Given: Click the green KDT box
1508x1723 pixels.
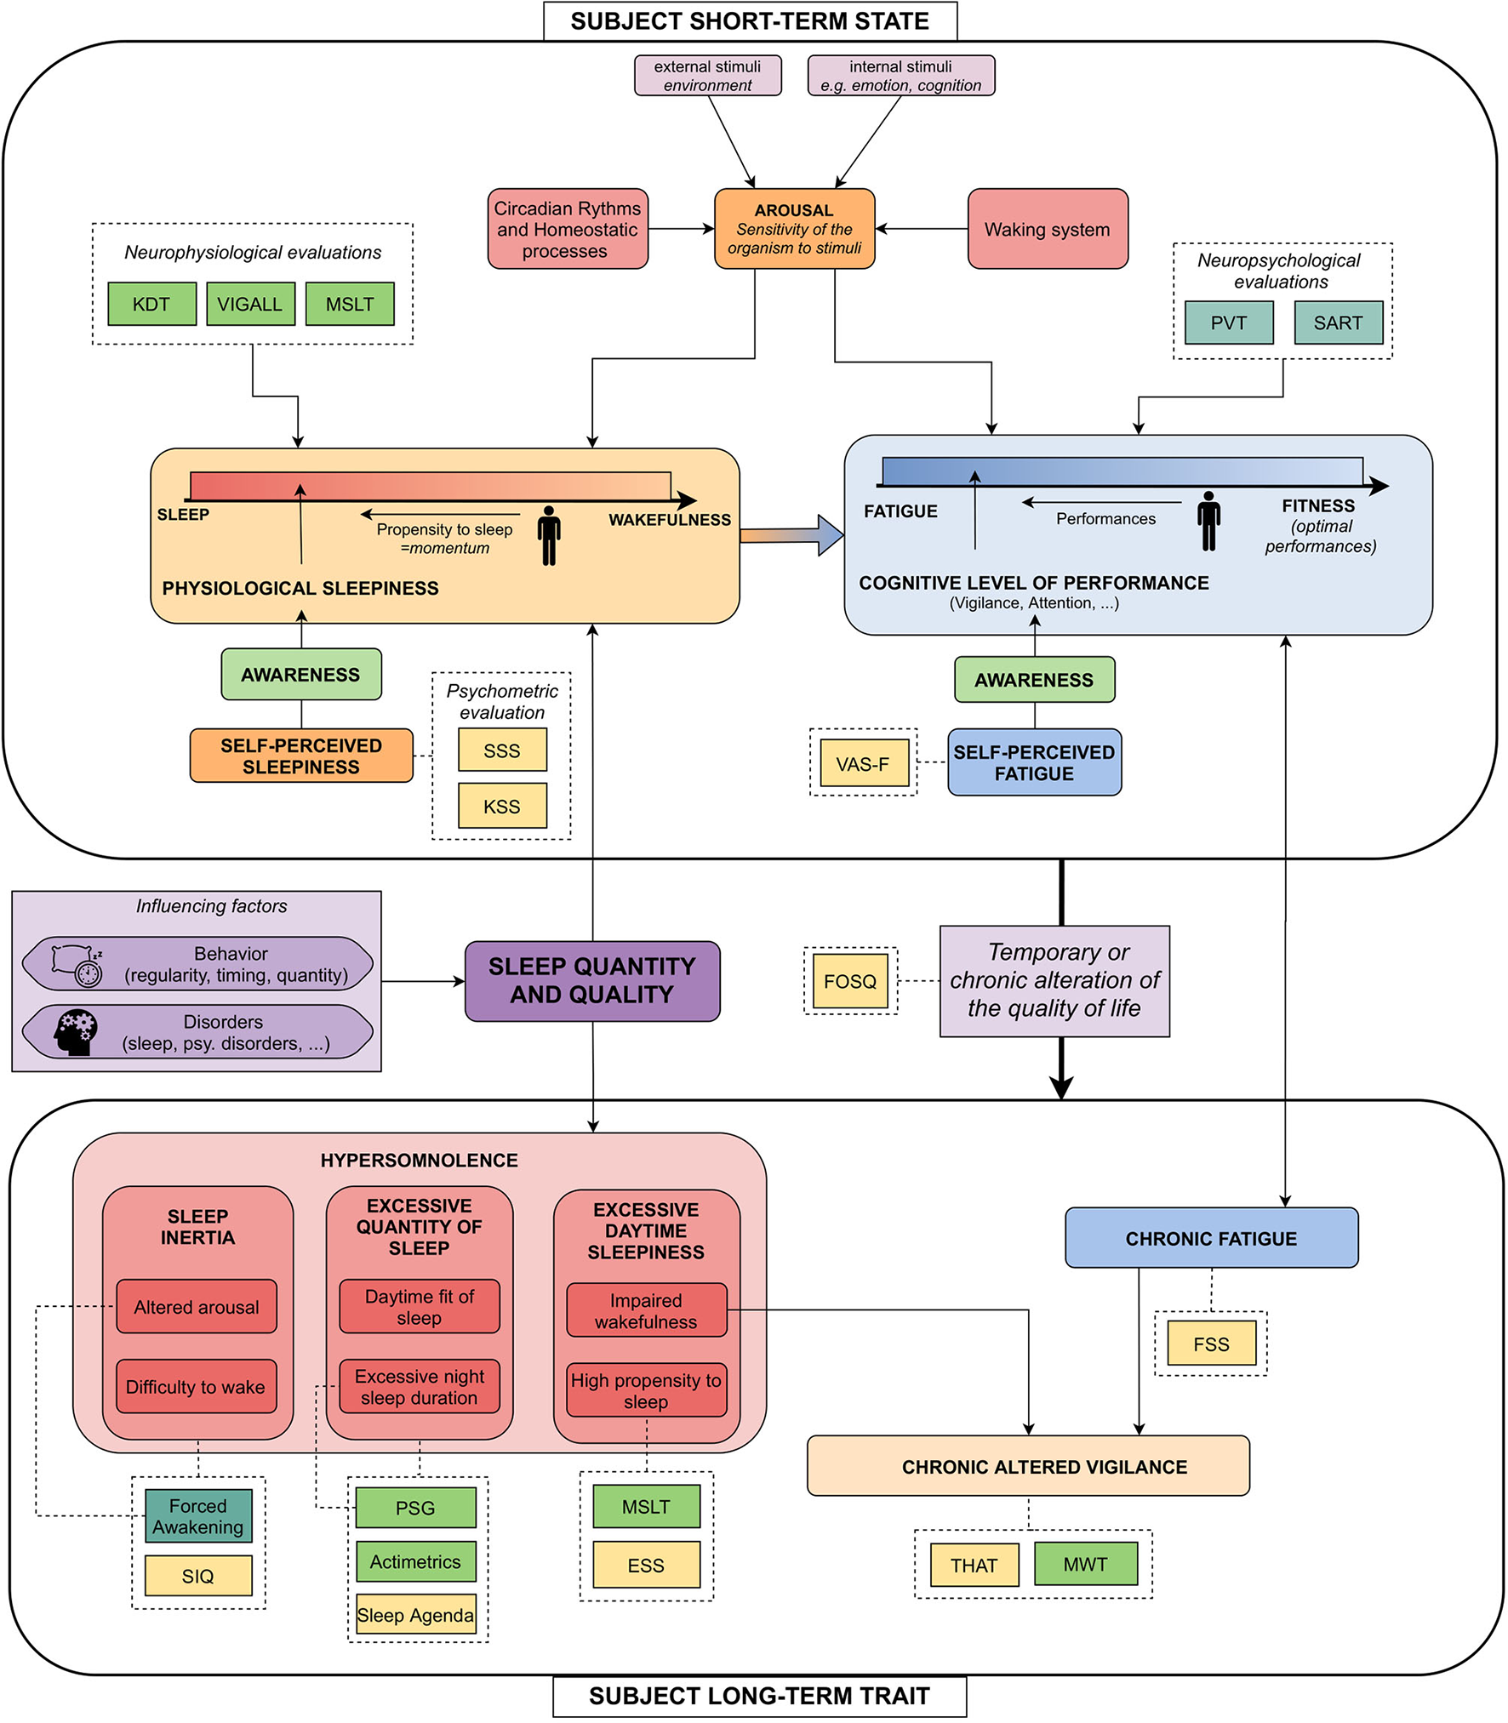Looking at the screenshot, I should [151, 304].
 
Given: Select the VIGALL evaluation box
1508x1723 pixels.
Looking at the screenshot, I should [250, 304].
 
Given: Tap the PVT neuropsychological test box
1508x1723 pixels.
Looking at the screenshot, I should [1228, 322].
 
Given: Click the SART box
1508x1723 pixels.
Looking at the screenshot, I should [1338, 322].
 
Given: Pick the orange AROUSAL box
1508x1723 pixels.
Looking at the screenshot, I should [794, 229].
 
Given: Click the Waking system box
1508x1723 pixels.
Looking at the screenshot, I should [1047, 229].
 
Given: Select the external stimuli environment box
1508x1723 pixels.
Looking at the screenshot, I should [707, 76].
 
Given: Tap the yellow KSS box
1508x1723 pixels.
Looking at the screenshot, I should [502, 806].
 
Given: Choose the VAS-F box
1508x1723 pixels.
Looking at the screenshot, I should [863, 763].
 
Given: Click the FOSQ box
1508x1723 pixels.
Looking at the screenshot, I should [850, 981].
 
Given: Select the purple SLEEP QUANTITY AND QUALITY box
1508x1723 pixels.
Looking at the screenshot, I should [592, 980].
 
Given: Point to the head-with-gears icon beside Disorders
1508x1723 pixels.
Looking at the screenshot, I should [76, 1032].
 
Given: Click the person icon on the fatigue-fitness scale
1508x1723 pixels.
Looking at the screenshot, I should [1208, 521].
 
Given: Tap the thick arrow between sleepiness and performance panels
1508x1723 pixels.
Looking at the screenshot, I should [791, 535].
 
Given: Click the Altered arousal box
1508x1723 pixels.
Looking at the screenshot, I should [197, 1306].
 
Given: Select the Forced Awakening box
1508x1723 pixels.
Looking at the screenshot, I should [198, 1516].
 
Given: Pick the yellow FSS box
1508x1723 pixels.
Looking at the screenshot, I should [1211, 1344].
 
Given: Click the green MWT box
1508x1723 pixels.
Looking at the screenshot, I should [1085, 1564].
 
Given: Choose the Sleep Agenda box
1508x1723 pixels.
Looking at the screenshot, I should [415, 1615].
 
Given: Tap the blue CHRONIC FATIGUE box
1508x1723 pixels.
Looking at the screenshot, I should [1211, 1238].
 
